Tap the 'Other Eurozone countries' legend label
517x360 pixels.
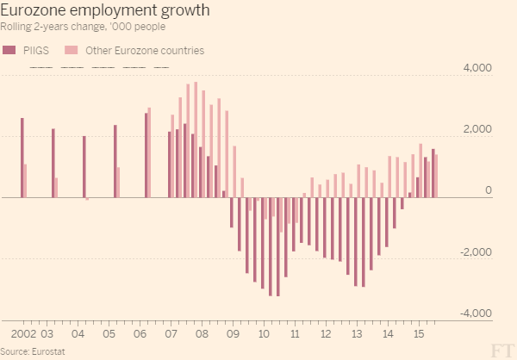(x=146, y=51)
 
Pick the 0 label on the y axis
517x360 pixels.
(x=489, y=190)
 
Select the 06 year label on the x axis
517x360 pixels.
(x=140, y=332)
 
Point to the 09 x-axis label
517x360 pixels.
(x=232, y=332)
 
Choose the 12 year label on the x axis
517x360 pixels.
(x=326, y=332)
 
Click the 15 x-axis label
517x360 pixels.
(x=419, y=332)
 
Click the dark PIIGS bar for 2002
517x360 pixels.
(x=22, y=158)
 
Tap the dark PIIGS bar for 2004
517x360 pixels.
(x=84, y=167)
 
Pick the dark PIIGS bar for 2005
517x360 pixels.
(x=115, y=161)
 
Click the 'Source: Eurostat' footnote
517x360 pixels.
(x=33, y=351)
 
